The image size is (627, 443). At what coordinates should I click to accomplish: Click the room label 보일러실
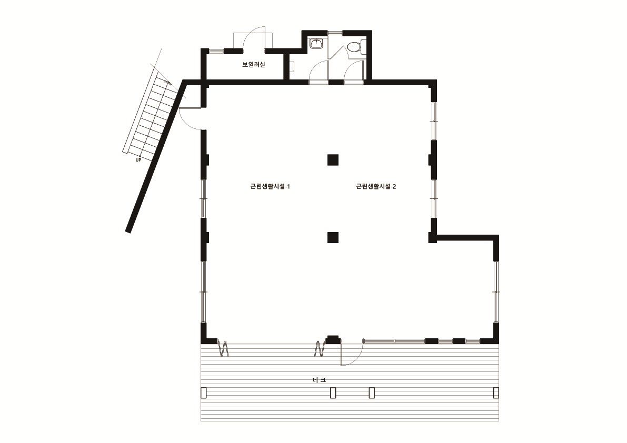[254, 64]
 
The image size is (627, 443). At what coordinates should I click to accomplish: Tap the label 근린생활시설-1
[270, 187]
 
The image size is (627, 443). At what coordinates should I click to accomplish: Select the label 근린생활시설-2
[376, 187]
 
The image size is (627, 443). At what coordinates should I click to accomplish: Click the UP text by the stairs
[138, 160]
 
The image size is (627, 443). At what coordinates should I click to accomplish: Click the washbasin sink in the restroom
[317, 43]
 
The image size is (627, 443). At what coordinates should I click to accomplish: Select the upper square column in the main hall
[333, 160]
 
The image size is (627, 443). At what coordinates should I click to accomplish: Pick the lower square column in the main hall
[333, 238]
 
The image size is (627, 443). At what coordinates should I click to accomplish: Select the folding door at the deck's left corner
[223, 348]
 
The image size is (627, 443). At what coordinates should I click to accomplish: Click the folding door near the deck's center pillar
[320, 348]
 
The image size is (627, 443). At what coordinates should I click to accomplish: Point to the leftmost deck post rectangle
[204, 392]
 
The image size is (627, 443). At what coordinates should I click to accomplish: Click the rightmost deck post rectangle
[496, 392]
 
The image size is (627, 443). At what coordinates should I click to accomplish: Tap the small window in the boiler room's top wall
[216, 51]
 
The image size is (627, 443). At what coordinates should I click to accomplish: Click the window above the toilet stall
[335, 32]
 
